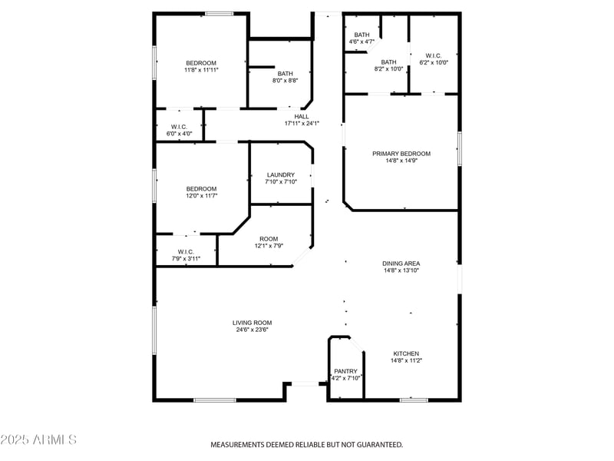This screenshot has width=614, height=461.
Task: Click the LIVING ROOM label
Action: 253,323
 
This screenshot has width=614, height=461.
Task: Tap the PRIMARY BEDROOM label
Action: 401,154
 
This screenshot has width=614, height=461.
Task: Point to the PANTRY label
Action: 345,371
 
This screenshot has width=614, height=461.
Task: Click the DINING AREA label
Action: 401,264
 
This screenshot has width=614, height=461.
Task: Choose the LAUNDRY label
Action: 280,175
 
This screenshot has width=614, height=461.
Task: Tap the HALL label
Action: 302,117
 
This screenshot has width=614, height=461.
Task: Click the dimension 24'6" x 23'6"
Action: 253,331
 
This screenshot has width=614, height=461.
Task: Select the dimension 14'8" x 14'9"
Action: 401,162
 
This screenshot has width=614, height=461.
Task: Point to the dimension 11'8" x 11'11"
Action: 201,71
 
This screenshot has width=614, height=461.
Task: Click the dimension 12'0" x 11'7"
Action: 201,197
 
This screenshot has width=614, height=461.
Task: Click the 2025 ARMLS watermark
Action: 38,439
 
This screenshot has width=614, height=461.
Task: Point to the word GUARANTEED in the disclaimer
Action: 375,445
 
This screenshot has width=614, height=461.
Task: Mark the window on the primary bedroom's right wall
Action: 459,148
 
